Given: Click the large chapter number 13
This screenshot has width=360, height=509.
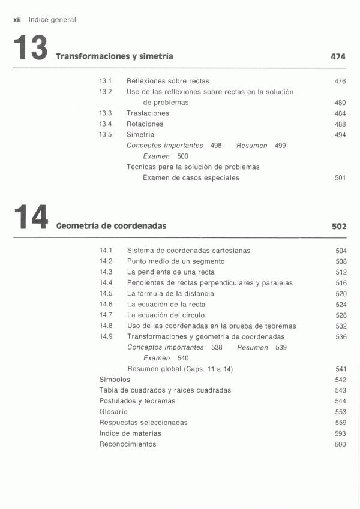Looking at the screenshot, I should (29, 48).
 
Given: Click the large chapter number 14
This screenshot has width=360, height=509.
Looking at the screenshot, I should (30, 218).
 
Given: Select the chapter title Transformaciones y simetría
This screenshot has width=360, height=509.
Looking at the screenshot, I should (114, 57).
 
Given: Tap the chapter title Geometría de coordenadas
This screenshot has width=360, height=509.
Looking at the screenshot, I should (111, 227).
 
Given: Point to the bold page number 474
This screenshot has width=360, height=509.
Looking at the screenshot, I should (338, 57).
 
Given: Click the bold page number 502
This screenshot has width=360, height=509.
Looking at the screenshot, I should (338, 227).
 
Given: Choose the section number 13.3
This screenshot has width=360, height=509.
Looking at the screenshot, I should (106, 113).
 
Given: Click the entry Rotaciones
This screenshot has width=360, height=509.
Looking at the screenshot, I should (145, 124).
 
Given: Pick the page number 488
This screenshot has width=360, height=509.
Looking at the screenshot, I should (340, 124).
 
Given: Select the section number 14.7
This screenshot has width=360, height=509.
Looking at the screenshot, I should (106, 315).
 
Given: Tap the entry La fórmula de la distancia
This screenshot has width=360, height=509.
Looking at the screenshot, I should (170, 294).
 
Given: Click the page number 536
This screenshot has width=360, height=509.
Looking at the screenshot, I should (341, 337).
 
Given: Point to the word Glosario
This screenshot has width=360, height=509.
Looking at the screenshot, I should (113, 412).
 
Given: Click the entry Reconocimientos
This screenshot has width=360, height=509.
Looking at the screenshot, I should (127, 444).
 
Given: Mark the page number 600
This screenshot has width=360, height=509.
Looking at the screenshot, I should (341, 444).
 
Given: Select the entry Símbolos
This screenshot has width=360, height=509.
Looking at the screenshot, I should (115, 380).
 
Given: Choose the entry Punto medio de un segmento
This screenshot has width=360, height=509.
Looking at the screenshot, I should (176, 261).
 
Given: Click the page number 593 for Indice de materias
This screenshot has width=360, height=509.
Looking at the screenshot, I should (341, 433).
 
